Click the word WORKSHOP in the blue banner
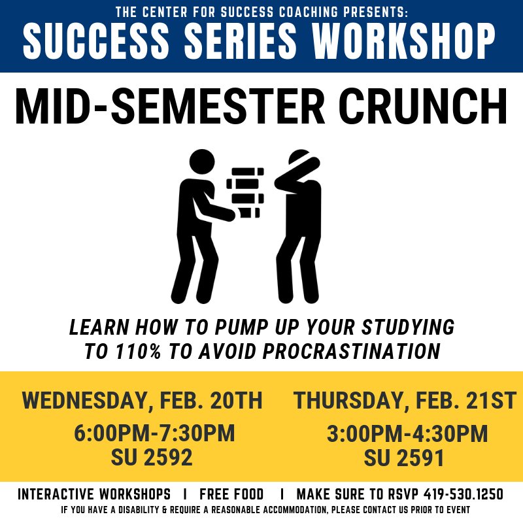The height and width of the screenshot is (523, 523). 404,41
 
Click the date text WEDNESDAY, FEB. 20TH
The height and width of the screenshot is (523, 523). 142,400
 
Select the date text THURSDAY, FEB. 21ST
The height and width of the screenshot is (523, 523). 405,400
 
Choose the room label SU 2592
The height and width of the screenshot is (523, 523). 152,458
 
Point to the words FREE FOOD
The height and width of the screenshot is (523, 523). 231,494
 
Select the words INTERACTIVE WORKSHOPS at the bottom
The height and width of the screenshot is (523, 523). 94,494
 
